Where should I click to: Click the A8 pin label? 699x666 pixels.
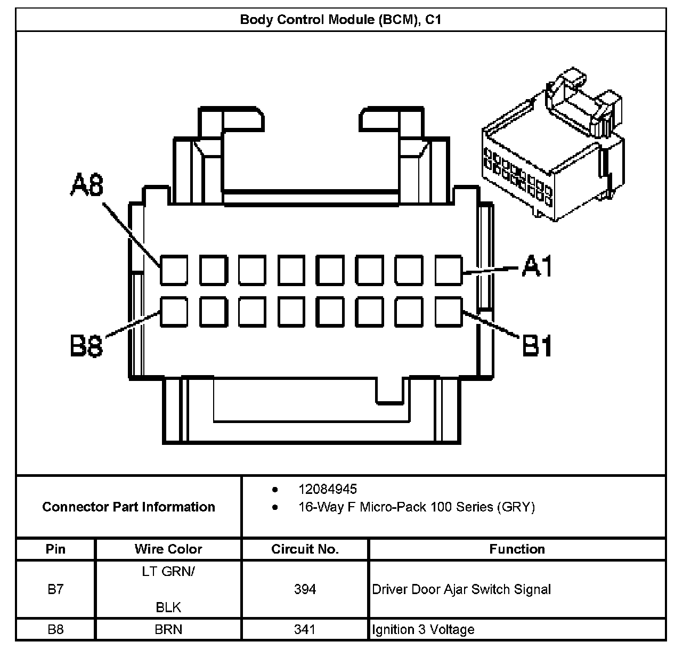[87, 185]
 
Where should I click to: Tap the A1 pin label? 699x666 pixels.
[537, 266]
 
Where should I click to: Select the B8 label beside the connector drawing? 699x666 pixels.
[86, 346]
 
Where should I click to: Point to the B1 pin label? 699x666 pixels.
[537, 345]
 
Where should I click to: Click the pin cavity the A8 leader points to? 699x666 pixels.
[174, 270]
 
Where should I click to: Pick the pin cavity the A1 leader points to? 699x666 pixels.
[449, 270]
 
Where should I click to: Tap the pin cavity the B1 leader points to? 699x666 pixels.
[449, 312]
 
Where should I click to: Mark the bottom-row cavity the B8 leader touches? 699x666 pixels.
[174, 312]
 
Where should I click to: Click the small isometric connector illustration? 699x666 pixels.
[553, 144]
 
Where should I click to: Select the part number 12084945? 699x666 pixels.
[328, 489]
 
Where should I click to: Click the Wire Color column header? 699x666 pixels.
[168, 549]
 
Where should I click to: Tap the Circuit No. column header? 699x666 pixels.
[305, 549]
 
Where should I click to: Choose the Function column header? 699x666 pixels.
[517, 549]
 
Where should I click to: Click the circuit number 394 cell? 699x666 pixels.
[305, 589]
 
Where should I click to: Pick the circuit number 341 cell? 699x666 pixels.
[305, 629]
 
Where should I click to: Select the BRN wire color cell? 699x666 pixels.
[168, 629]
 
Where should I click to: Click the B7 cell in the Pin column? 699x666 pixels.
[55, 589]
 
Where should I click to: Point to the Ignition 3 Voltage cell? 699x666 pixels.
[517, 629]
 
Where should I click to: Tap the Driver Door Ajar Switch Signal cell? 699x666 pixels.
[517, 589]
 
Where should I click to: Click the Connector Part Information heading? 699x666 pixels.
[128, 507]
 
